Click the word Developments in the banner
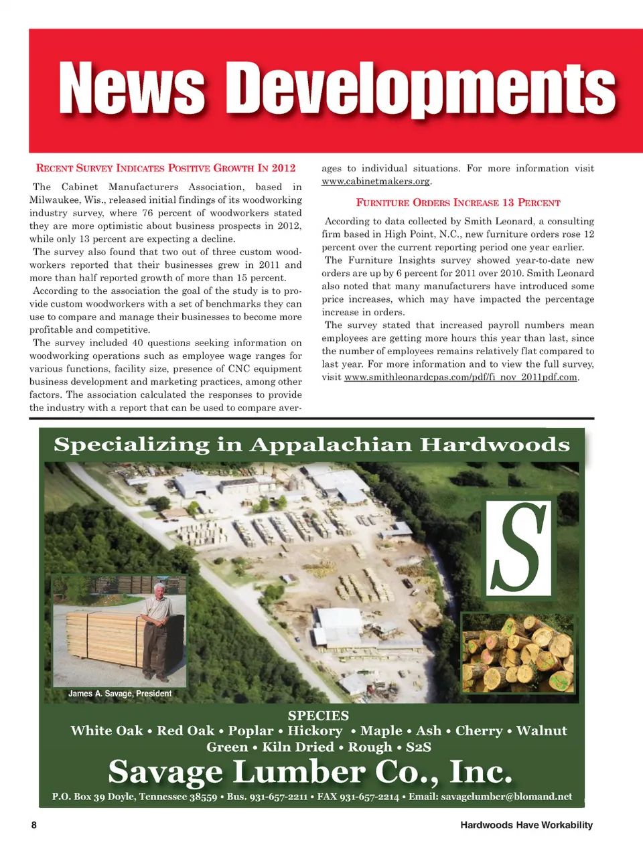click(420, 89)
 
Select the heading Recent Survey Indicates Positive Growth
click(165, 168)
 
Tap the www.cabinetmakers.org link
click(376, 181)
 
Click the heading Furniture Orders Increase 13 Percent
click(458, 202)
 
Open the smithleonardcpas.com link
click(460, 377)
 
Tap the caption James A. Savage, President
click(120, 694)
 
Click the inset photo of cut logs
click(518, 652)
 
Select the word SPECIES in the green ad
click(318, 715)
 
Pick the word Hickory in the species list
click(315, 730)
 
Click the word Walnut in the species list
click(541, 730)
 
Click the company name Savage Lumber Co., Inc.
click(310, 771)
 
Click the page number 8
click(34, 825)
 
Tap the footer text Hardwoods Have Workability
click(526, 825)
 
